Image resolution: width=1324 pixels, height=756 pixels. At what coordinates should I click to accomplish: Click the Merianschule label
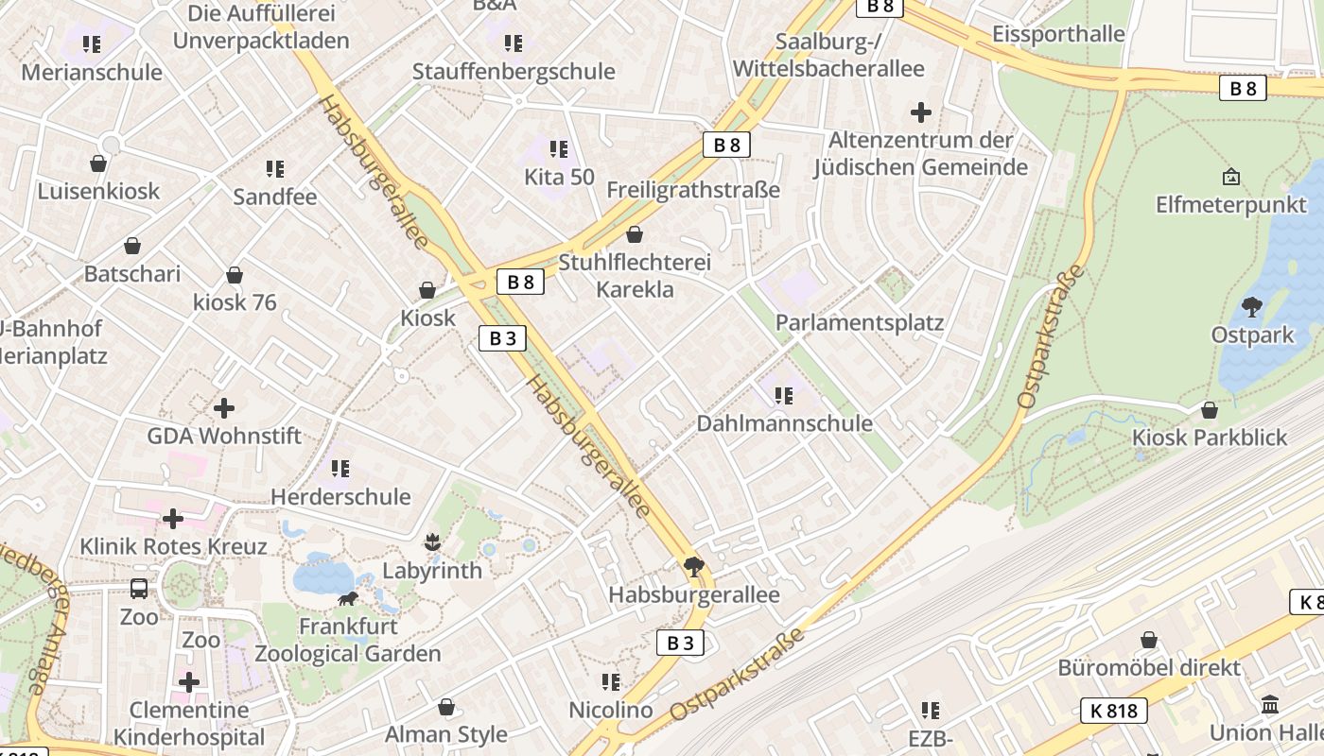click(92, 73)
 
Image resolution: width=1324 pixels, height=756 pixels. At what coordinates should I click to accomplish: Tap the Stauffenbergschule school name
click(514, 72)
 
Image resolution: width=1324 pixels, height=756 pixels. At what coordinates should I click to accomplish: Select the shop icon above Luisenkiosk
click(98, 163)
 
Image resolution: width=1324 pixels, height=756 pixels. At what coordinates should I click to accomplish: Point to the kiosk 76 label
click(235, 302)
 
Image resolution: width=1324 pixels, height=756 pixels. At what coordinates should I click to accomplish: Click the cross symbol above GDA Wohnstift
click(224, 408)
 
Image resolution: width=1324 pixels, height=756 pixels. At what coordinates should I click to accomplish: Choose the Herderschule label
click(340, 496)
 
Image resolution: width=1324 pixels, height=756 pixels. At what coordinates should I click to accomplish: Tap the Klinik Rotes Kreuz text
click(173, 546)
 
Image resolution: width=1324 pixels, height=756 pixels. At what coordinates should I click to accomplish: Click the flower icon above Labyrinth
click(432, 542)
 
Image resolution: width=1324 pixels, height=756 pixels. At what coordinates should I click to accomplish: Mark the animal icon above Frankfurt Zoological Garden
click(348, 599)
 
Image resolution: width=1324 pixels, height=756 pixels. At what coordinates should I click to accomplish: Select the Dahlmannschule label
click(784, 422)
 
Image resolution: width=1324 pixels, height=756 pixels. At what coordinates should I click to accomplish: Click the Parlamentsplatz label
click(859, 322)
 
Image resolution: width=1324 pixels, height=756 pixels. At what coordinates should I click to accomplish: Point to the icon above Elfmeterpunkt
click(1231, 177)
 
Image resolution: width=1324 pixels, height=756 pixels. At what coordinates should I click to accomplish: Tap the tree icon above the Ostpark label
click(1252, 307)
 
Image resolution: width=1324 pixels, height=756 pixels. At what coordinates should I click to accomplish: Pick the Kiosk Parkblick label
click(1210, 438)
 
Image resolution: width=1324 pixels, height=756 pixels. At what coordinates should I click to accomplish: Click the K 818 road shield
click(1113, 711)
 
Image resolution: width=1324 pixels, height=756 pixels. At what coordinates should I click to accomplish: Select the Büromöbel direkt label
click(1148, 667)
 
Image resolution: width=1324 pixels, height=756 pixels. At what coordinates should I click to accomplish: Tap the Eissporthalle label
click(1057, 34)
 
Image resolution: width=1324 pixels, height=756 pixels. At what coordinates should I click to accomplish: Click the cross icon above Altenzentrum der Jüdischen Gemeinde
click(920, 113)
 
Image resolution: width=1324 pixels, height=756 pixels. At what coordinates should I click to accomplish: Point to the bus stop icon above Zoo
click(139, 589)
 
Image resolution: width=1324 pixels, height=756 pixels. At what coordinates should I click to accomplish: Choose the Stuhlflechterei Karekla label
click(635, 275)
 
